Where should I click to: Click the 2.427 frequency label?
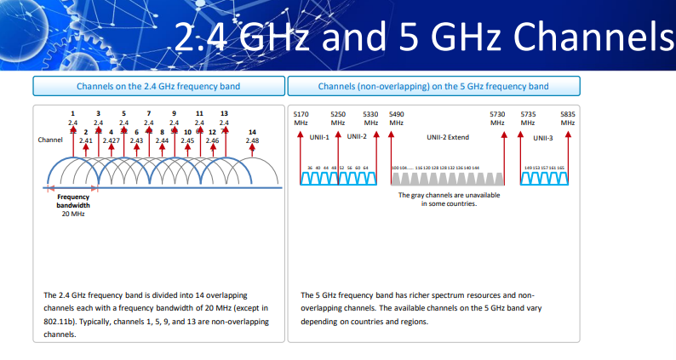tap(111, 140)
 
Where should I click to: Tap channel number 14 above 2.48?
tap(252, 131)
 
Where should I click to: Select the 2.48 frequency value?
tap(252, 140)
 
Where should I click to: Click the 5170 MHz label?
tap(301, 117)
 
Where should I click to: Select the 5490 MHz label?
tap(396, 117)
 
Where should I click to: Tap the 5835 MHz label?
tap(568, 117)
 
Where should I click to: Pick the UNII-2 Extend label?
tap(448, 136)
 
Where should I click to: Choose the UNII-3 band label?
tap(543, 137)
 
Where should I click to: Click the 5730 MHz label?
tap(498, 117)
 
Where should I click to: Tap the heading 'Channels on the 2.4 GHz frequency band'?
tap(158, 86)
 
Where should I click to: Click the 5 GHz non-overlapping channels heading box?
tap(433, 86)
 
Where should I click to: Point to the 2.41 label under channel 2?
tap(86, 140)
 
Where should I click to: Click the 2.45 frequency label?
tap(187, 140)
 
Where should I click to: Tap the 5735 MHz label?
tap(528, 117)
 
